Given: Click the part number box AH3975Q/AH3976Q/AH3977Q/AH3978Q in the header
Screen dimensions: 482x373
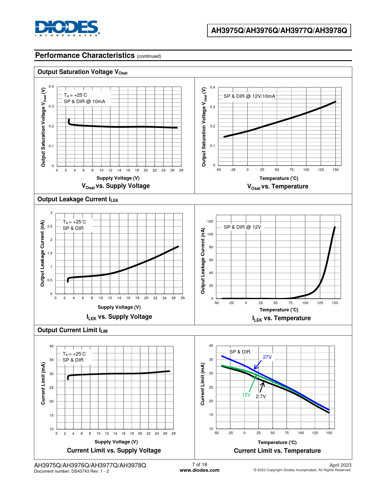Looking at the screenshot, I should [x=279, y=30].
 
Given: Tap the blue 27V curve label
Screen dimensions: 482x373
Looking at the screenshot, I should [x=267, y=357].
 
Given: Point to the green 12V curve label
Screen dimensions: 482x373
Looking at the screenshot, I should [x=246, y=395].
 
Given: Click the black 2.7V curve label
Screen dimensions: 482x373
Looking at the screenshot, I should [x=261, y=396].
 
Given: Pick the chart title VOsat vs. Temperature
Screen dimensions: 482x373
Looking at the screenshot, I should [x=278, y=186].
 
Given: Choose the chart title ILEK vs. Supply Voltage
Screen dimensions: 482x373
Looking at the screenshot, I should [x=119, y=317].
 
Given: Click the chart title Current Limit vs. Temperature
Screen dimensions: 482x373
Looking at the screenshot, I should [x=277, y=451].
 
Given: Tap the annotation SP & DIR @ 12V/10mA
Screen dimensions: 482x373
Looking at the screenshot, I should [x=249, y=96].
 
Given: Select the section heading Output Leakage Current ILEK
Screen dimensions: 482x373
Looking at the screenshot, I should [x=78, y=199].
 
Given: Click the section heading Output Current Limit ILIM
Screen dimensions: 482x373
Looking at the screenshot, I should [x=72, y=330].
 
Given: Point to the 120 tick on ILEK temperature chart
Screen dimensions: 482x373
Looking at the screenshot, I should [x=210, y=221].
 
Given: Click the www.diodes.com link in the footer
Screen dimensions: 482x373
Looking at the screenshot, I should [x=200, y=470].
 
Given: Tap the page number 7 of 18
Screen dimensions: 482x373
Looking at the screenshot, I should [x=200, y=464].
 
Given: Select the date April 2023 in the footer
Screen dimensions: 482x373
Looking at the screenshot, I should [x=340, y=465].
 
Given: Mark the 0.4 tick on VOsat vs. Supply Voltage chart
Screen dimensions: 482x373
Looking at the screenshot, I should [x=51, y=86].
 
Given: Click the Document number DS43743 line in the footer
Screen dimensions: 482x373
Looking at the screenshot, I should [x=71, y=471].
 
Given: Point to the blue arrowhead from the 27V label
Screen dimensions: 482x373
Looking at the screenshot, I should [x=255, y=368].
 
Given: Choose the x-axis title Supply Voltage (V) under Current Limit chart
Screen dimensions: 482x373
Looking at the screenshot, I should [x=116, y=442].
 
